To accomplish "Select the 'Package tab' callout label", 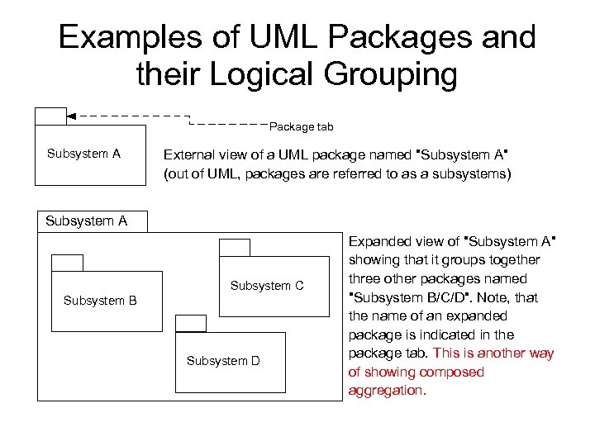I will [x=302, y=127].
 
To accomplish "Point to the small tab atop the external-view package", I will [x=50, y=116].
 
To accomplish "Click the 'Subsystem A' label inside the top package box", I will [x=83, y=154].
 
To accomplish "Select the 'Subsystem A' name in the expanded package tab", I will [x=86, y=221].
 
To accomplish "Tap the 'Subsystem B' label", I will [x=100, y=301].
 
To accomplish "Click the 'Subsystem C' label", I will [x=267, y=286].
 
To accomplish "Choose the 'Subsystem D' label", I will [x=223, y=361].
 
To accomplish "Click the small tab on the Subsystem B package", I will [x=67, y=263].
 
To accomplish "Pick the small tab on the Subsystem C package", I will [x=234, y=247].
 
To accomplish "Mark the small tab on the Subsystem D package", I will [x=191, y=324].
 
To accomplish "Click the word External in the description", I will [x=188, y=154].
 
